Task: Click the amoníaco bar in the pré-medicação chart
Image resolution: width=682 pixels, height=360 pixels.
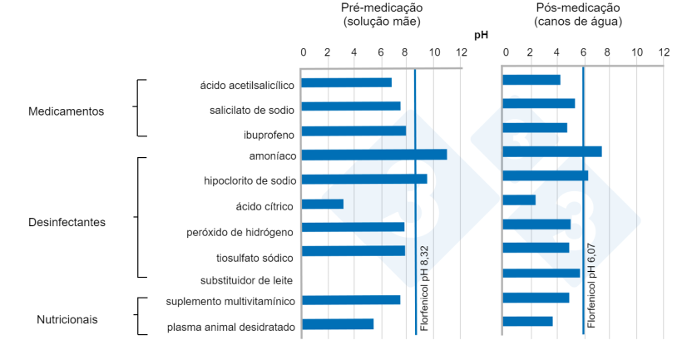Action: pyautogui.click(x=373, y=155)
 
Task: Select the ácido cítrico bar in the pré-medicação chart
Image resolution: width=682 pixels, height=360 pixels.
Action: pyautogui.click(x=322, y=204)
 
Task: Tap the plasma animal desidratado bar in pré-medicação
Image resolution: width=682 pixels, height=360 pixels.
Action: pyautogui.click(x=337, y=324)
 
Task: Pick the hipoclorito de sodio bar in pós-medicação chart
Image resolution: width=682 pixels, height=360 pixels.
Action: pyautogui.click(x=545, y=175)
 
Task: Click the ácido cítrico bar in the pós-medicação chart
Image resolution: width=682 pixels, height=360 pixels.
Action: pyautogui.click(x=519, y=200)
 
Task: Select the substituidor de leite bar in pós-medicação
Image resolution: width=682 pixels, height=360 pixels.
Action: pyautogui.click(x=541, y=273)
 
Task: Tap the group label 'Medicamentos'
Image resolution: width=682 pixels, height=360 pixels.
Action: pyautogui.click(x=66, y=111)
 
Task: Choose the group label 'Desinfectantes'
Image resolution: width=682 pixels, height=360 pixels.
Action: pyautogui.click(x=67, y=222)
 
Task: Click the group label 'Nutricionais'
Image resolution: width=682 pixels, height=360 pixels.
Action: pyautogui.click(x=67, y=319)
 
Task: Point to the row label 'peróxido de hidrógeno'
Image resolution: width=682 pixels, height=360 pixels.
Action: pyautogui.click(x=240, y=231)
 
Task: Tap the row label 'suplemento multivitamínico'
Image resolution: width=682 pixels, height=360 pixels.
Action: pyautogui.click(x=230, y=302)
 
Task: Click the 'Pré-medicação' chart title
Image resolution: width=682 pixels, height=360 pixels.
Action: pyautogui.click(x=382, y=7)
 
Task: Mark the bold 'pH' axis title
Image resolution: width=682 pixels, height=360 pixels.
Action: pyautogui.click(x=481, y=35)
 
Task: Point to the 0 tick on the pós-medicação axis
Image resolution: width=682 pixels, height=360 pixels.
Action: pyautogui.click(x=505, y=52)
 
